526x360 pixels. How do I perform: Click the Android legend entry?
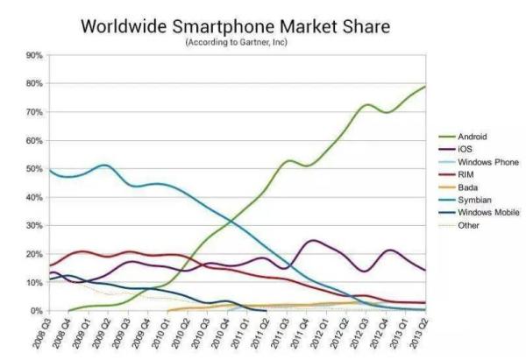[473, 138]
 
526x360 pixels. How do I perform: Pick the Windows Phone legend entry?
[484, 162]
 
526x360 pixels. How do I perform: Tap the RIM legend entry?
[466, 174]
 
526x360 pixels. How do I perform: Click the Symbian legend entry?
[473, 200]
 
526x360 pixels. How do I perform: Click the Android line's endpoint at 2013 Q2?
[426, 86]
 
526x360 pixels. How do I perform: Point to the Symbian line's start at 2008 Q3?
[49, 170]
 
